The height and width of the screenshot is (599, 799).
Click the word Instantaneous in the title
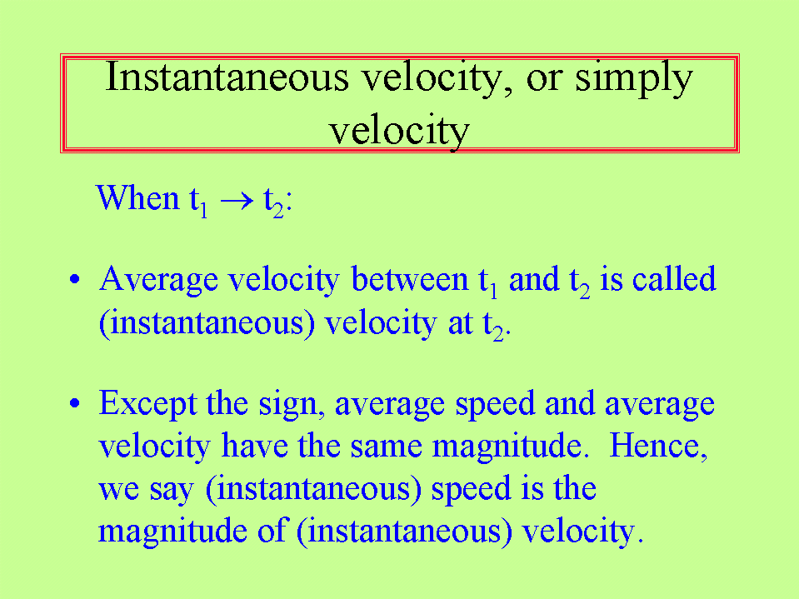(227, 77)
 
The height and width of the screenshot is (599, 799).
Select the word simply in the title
(634, 79)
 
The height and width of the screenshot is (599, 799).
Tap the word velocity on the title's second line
(398, 132)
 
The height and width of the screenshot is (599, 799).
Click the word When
(137, 197)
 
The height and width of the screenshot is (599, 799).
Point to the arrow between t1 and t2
(237, 200)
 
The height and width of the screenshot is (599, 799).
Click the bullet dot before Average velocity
(75, 279)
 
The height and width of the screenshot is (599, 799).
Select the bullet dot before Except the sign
(75, 403)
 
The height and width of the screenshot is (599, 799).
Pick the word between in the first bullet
(410, 279)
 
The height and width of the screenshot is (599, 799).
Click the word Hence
(658, 447)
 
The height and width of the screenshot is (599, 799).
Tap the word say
(172, 491)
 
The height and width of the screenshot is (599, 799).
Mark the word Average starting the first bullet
(158, 280)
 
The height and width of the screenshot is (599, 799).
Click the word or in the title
(544, 81)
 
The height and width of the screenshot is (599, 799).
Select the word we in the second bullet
(118, 490)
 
